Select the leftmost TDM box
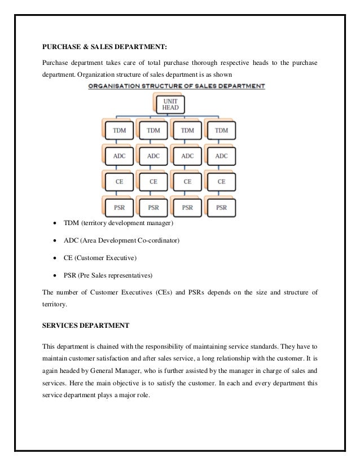[x=120, y=131]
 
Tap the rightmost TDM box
[x=222, y=131]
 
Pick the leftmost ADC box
[x=120, y=156]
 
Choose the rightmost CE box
[x=222, y=182]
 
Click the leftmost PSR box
[x=120, y=207]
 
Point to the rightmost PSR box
[x=222, y=207]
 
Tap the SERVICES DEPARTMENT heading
[x=86, y=326]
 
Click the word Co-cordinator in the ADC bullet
[x=159, y=241]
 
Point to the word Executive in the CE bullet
[x=123, y=258]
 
